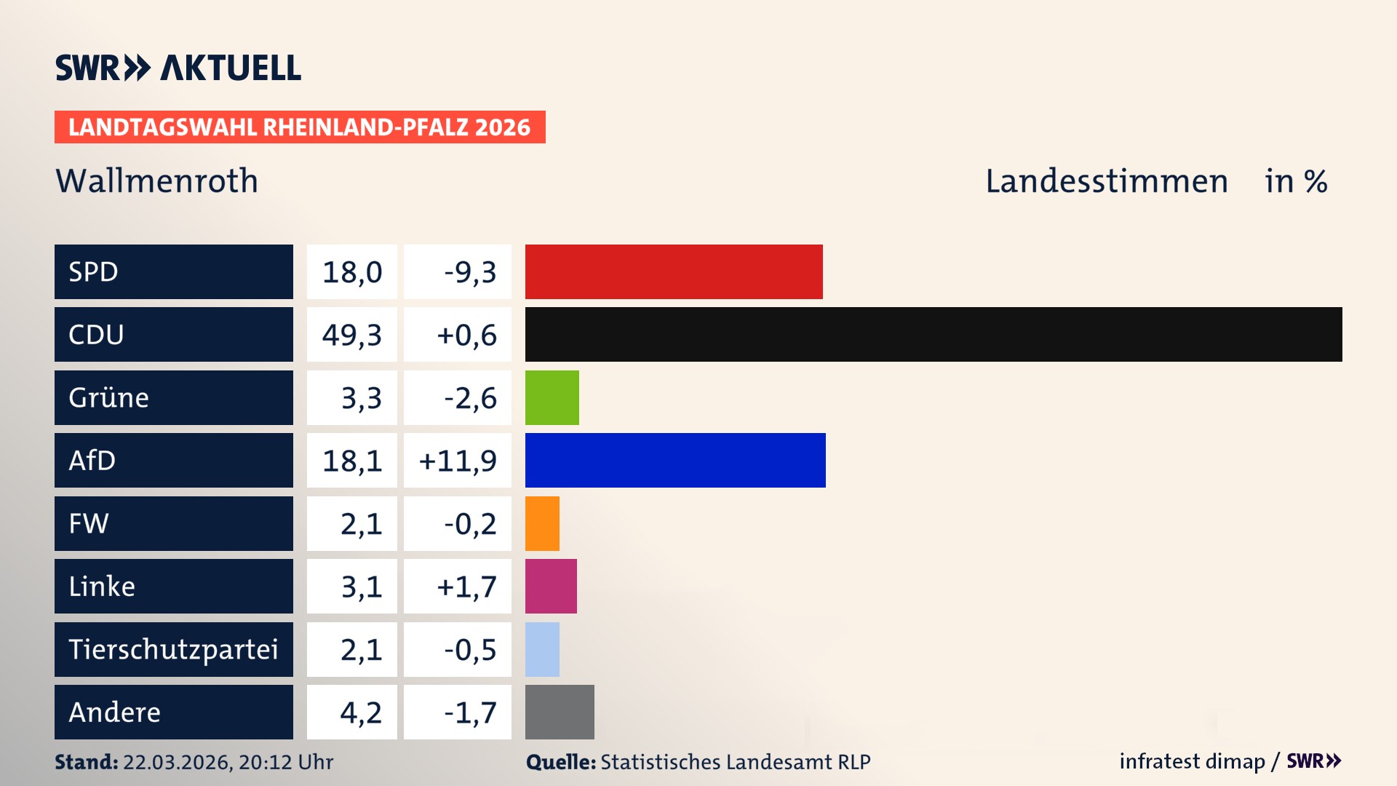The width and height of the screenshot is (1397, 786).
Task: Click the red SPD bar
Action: (674, 271)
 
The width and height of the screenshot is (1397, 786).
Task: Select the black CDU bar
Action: (934, 335)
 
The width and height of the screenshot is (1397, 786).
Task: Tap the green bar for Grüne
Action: (552, 397)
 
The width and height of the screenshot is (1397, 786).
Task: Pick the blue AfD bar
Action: (675, 460)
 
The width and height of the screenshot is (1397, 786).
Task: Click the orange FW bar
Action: (542, 523)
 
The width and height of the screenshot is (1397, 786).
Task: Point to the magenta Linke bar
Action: (551, 586)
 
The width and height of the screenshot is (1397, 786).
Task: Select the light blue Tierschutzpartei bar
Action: (542, 649)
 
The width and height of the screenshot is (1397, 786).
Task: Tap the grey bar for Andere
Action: (560, 712)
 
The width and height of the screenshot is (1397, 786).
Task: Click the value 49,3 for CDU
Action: (352, 335)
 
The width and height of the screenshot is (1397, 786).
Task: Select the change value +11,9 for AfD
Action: (458, 460)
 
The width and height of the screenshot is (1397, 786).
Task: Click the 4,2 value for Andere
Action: (361, 712)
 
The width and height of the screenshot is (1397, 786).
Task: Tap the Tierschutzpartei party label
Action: (173, 649)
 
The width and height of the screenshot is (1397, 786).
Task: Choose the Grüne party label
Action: (109, 397)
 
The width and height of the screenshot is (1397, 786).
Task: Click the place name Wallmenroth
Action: (157, 180)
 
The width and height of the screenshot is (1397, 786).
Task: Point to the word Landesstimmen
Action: (1106, 180)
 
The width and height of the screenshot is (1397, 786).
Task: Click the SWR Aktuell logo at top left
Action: (178, 68)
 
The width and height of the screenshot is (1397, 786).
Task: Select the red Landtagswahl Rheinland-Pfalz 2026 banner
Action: (300, 127)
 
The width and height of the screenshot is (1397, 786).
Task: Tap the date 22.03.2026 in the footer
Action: (177, 762)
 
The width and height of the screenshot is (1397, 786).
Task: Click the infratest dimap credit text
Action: (1192, 761)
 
